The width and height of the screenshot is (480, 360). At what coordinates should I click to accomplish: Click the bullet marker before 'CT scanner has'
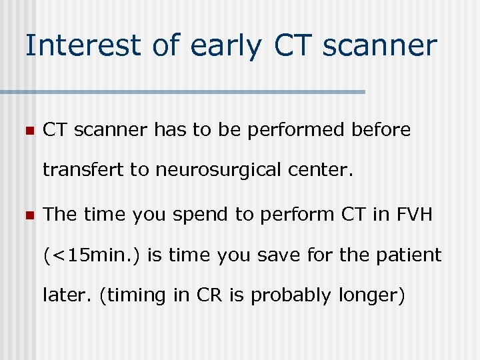click(29, 131)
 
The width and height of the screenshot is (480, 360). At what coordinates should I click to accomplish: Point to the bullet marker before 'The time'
click(29, 215)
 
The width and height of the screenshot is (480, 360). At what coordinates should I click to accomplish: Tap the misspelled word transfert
click(83, 171)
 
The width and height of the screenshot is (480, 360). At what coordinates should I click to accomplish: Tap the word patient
click(412, 255)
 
